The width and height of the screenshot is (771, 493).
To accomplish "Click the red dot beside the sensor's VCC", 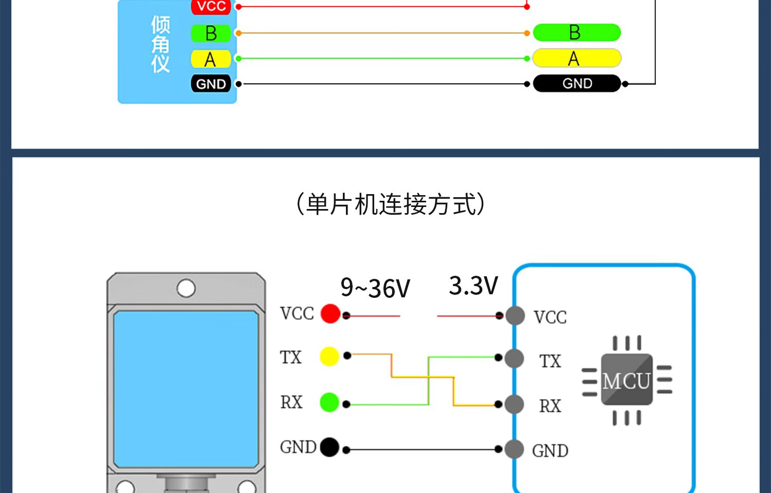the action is (331, 313).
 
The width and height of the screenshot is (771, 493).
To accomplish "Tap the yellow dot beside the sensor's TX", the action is (329, 356).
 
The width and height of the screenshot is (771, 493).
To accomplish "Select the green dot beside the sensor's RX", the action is (329, 402).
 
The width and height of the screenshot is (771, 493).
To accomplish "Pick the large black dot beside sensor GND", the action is (329, 447).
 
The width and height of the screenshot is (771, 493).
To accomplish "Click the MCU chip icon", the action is (627, 381).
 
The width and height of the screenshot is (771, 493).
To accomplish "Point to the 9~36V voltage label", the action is (375, 288).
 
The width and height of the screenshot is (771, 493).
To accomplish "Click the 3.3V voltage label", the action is (473, 286).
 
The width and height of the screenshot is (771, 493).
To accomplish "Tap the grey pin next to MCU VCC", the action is (515, 316).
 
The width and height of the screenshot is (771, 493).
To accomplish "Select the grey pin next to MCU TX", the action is (515, 358).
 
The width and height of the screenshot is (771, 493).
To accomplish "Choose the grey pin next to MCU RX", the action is (515, 404).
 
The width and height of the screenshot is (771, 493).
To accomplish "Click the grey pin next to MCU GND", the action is (515, 449).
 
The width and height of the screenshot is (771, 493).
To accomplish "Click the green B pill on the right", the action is (577, 32).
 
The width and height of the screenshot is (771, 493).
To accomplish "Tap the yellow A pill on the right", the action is (577, 58).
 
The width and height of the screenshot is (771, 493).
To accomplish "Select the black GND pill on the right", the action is (577, 83).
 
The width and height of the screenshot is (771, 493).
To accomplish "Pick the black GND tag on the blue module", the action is (211, 84).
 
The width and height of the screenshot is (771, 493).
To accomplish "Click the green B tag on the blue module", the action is (211, 33).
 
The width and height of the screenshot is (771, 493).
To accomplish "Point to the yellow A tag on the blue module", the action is (211, 59).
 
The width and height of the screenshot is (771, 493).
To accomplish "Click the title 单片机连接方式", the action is (391, 204).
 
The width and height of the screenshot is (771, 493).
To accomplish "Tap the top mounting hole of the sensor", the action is (186, 288).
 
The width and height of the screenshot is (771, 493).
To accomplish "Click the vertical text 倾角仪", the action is (160, 45).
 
